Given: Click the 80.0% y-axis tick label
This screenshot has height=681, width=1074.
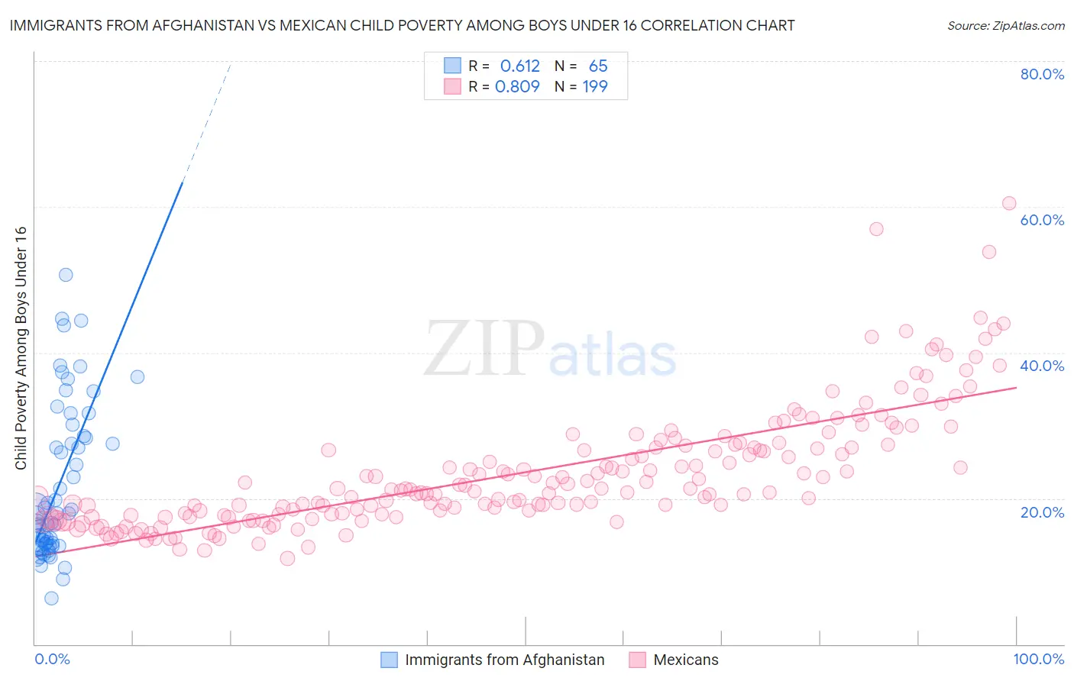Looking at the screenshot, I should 1042,74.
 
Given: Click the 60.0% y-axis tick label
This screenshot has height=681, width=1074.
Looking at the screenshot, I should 1042,220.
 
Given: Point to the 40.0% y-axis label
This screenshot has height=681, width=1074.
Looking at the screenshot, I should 1042,366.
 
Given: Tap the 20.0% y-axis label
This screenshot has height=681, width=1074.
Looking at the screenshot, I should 1042,512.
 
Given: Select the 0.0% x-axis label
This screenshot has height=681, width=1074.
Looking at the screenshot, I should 52,659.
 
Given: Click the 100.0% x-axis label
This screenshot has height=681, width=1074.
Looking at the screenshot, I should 1038,659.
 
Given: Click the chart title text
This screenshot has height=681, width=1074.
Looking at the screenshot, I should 402,25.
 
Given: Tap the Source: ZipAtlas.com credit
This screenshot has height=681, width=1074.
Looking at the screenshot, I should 1005,25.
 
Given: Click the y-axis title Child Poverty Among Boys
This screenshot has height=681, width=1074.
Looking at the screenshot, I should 21,348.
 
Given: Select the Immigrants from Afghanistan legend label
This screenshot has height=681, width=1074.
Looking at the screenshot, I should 504,660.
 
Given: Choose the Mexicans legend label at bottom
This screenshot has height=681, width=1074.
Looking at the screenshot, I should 686,660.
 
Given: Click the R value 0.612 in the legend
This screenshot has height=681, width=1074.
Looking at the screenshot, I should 519,66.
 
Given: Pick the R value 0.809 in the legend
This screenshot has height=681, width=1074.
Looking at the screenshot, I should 517,86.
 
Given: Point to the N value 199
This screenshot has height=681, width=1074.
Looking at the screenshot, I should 595,86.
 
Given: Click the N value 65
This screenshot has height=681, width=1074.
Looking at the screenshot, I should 598,66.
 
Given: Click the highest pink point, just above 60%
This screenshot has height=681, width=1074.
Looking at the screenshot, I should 1008,203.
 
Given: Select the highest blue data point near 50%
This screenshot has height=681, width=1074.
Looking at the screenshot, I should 66,275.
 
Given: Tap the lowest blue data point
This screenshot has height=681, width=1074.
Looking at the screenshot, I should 51,598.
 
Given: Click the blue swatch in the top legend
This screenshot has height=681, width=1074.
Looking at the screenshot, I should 452,66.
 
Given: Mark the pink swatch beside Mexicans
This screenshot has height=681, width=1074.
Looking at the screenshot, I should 637,660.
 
